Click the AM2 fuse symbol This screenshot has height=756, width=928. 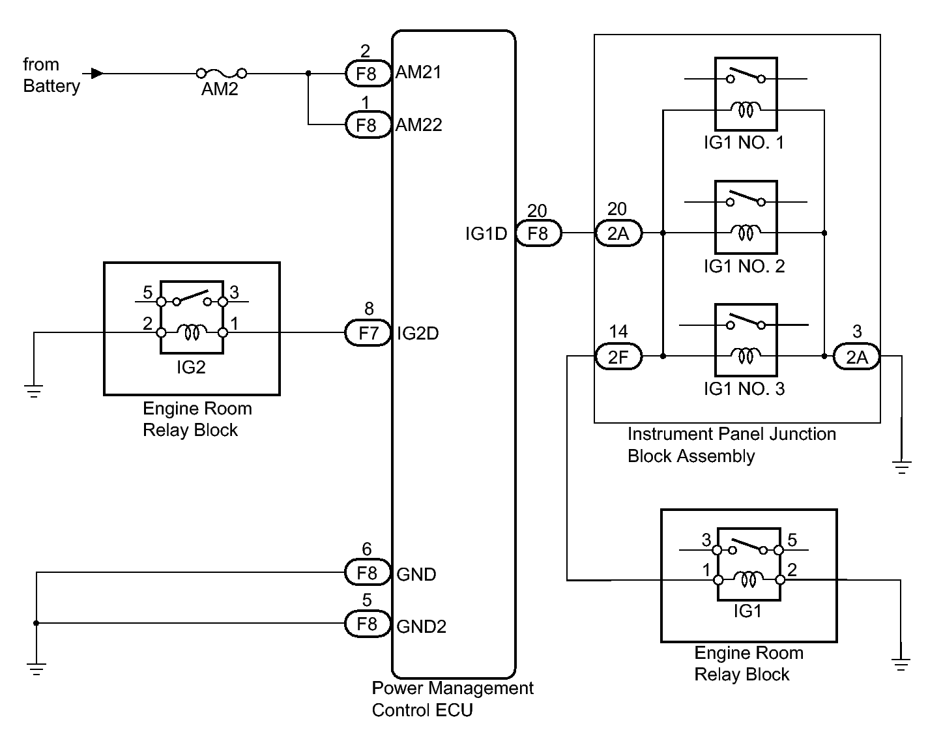[221, 73]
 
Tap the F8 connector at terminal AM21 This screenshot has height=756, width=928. [367, 73]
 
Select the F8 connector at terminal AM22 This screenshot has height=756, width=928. [367, 124]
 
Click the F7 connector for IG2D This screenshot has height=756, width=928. [368, 333]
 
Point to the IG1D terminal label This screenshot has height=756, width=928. [486, 233]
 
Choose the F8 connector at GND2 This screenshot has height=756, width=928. [367, 624]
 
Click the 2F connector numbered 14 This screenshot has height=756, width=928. [618, 356]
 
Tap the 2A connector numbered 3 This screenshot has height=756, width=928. [856, 356]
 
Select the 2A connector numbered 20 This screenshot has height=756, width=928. [618, 233]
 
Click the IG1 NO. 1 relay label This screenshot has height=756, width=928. [744, 143]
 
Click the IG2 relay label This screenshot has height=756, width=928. [191, 368]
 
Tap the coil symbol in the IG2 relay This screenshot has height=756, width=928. [192, 333]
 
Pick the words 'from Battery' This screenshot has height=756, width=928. [51, 75]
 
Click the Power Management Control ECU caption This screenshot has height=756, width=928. [452, 699]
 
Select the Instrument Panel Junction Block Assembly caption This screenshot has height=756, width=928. [731, 445]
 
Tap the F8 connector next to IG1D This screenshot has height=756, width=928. [538, 233]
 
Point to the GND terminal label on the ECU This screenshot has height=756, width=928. [416, 574]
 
